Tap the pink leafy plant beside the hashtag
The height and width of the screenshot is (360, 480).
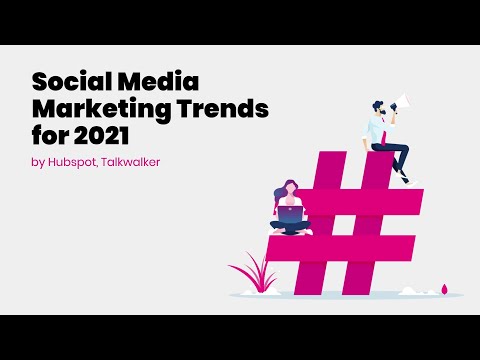[251, 271]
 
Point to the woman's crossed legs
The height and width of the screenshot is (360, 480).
[290, 228]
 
